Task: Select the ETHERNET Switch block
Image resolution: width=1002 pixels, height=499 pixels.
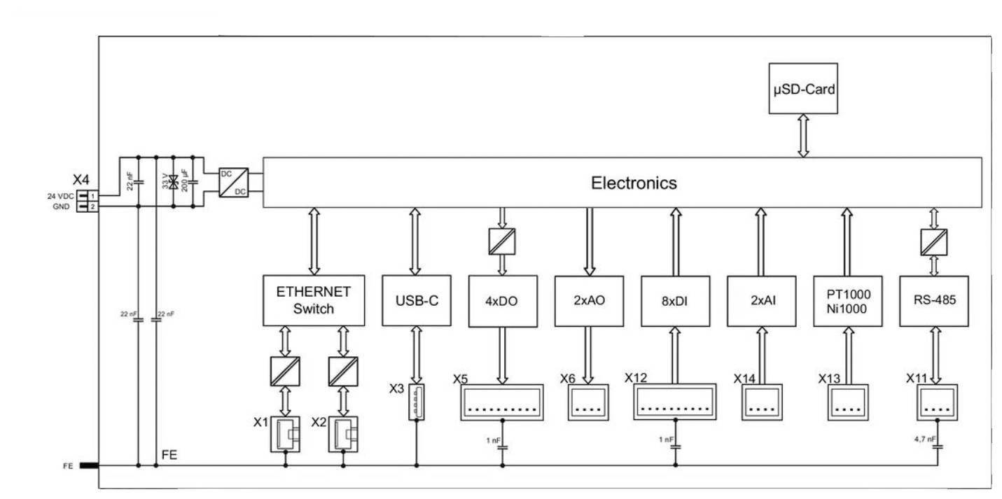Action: [314, 300]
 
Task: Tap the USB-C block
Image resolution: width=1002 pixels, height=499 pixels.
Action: [415, 300]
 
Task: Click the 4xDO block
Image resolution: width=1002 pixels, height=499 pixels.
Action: [502, 301]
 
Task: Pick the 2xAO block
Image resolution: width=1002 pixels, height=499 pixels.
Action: [588, 301]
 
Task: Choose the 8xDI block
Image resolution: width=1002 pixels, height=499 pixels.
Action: [675, 301]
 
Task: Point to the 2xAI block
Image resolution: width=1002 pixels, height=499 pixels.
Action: [761, 301]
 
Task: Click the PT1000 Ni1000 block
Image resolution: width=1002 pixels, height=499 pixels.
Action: [847, 301]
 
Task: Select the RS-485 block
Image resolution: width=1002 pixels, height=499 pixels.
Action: [933, 301]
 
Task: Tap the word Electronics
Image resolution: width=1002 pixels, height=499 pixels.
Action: [634, 183]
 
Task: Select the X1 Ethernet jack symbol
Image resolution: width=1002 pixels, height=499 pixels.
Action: [286, 434]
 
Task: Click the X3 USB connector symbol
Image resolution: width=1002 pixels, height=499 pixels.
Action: [417, 402]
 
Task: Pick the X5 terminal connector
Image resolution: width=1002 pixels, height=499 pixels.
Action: [502, 402]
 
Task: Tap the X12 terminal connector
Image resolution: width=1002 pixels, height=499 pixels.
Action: [675, 402]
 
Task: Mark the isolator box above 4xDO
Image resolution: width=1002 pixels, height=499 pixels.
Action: [502, 241]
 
